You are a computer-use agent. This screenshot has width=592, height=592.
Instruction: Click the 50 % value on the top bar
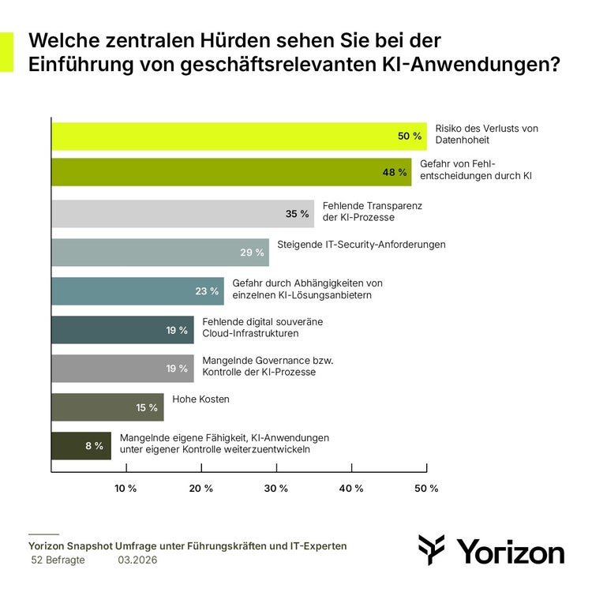point(410,136)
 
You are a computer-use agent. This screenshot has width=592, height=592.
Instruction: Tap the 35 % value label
point(298,213)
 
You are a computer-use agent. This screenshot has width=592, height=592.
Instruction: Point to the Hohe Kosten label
point(200,399)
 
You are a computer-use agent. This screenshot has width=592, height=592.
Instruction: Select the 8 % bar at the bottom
point(81,446)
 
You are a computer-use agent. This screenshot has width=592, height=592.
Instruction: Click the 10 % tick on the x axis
point(126,489)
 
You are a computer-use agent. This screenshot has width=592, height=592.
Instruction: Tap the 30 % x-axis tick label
point(275,489)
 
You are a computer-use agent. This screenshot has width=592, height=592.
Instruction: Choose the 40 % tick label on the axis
point(350,489)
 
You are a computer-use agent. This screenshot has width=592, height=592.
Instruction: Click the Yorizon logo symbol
point(432,549)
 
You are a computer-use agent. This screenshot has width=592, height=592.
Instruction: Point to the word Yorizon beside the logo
point(511,552)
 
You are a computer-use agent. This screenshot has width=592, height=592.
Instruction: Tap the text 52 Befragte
point(58,560)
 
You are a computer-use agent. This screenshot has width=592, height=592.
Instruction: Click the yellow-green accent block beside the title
point(6,52)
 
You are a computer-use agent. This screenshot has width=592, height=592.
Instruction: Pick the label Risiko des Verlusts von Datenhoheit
point(486,133)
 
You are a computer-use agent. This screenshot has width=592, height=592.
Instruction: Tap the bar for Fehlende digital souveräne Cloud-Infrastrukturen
point(122,330)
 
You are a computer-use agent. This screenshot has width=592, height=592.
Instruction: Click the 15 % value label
point(147,407)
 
